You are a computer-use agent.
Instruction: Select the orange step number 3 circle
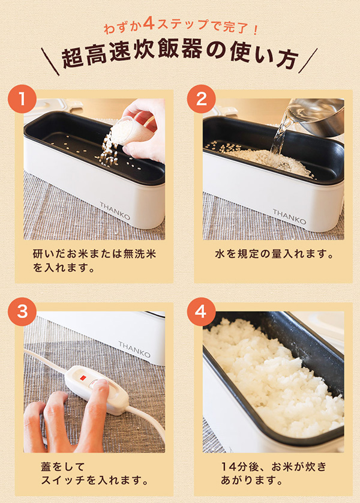click(22, 312)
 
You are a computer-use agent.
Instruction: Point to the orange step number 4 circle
click(202, 312)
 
